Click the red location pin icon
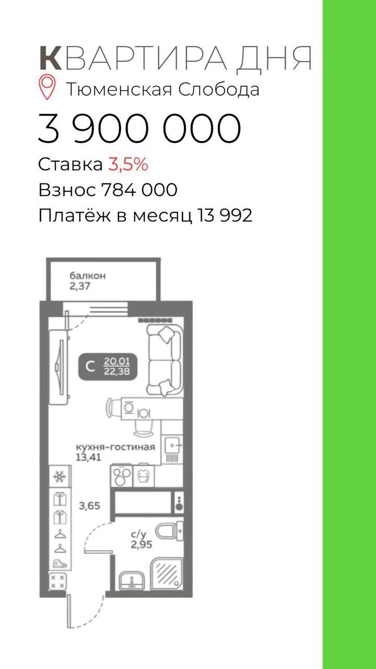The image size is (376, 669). point(48,87)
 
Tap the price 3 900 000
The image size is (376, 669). point(140,128)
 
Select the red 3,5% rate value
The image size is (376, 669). point(128,164)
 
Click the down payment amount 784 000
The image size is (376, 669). point(139,190)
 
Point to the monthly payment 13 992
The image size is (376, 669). point(224,215)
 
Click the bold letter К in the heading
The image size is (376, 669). point(51,58)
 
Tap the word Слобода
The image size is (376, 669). point(219,90)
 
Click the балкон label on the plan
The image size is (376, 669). point(87,275)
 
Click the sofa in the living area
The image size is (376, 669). point(165,361)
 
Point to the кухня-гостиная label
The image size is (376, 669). point(115,447)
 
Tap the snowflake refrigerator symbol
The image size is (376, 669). point(60,477)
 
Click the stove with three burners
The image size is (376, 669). point(122,476)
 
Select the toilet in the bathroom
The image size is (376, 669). point(169,530)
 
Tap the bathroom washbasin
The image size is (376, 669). point(131,580)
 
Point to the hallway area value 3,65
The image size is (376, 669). point(90,506)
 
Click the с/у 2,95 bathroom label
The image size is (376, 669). point(141,540)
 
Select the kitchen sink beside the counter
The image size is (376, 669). point(172,445)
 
